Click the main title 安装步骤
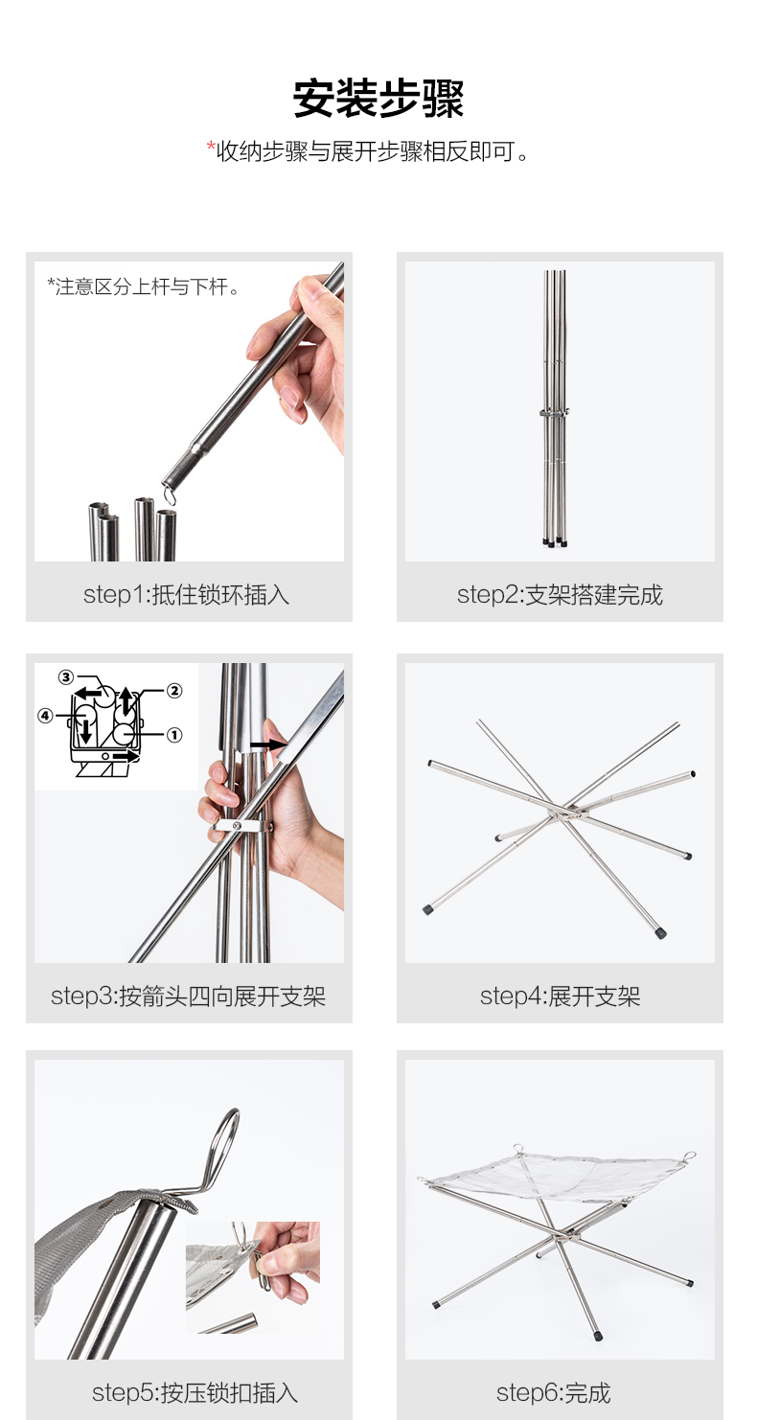click(378, 99)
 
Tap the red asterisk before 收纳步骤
click(211, 147)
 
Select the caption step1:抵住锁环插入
click(187, 595)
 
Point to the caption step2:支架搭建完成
click(560, 595)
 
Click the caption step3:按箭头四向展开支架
click(189, 996)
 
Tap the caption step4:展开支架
click(560, 996)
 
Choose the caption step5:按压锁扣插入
click(195, 1393)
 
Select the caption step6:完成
click(554, 1393)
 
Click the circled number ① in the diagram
click(174, 735)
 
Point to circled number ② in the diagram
click(174, 690)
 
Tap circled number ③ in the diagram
click(66, 677)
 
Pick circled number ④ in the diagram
click(45, 716)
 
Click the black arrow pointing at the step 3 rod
click(268, 744)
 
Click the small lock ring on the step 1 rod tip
click(168, 493)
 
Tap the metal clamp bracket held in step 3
click(240, 826)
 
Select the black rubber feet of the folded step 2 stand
click(555, 542)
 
